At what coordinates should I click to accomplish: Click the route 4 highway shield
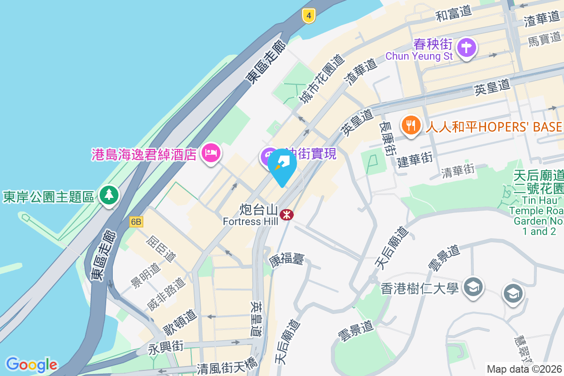tap(308, 16)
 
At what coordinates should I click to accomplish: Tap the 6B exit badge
tap(136, 222)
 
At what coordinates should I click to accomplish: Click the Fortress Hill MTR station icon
tap(286, 215)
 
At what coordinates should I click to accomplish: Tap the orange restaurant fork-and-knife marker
tap(411, 125)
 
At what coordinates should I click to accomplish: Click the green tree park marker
tap(109, 195)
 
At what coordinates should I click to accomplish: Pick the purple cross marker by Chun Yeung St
tap(467, 47)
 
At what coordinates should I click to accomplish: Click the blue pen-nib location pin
tap(282, 166)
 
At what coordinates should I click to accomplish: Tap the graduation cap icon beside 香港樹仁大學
tap(473, 287)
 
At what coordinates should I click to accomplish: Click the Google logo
tap(31, 365)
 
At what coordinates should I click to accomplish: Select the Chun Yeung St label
tap(419, 56)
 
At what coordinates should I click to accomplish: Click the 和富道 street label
tap(454, 14)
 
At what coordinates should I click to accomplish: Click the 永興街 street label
tap(165, 348)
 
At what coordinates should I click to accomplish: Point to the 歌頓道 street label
tap(179, 321)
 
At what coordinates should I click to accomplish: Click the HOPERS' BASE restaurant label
tap(494, 127)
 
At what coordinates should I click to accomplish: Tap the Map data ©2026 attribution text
tap(525, 369)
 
